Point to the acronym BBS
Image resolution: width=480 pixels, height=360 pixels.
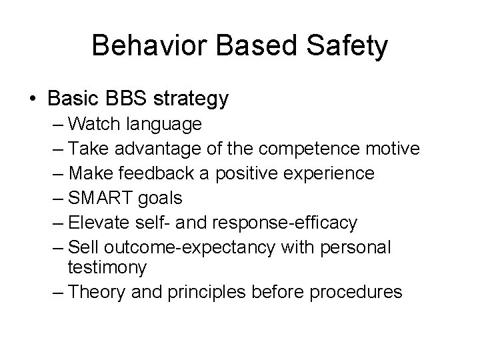(127, 99)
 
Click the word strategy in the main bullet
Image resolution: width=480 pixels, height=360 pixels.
(192, 99)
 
